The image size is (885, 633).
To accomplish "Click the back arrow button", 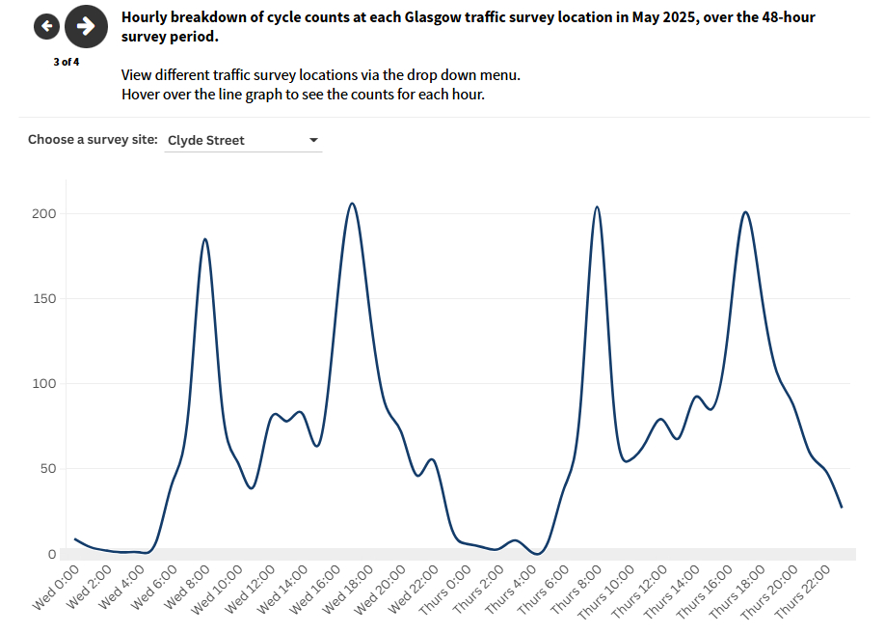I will (x=46, y=26).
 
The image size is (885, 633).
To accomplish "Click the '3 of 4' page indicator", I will (x=67, y=62).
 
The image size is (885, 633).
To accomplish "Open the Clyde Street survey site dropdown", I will (x=243, y=140).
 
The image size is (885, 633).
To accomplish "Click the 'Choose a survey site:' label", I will (x=93, y=140).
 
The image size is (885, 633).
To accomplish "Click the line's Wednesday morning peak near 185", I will (x=205, y=238).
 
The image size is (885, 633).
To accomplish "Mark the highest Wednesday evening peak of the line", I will (x=352, y=204).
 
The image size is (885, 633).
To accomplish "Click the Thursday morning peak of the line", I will (x=597, y=206).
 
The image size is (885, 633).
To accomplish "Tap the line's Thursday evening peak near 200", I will (x=745, y=212).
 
